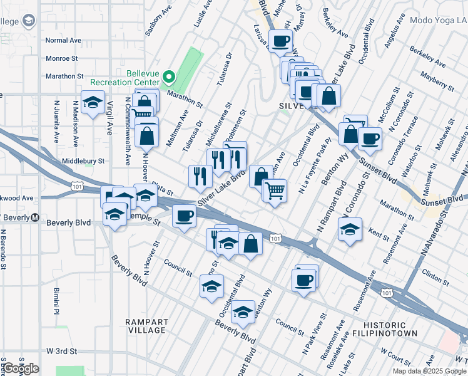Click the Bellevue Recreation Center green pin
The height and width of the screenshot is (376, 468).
tap(168, 78)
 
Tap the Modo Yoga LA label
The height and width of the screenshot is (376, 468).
tap(438, 20)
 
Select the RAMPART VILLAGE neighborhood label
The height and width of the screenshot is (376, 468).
tap(145, 326)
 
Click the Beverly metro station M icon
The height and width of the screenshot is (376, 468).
tap(36, 218)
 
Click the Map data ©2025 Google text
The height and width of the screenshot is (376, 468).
tap(430, 371)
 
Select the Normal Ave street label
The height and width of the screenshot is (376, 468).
tap(64, 40)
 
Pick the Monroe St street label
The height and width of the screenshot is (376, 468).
tap(61, 58)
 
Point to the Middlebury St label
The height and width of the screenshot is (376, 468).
tap(83, 161)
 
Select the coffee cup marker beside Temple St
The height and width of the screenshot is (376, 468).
tap(183, 217)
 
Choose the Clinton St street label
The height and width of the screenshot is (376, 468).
tap(435, 273)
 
